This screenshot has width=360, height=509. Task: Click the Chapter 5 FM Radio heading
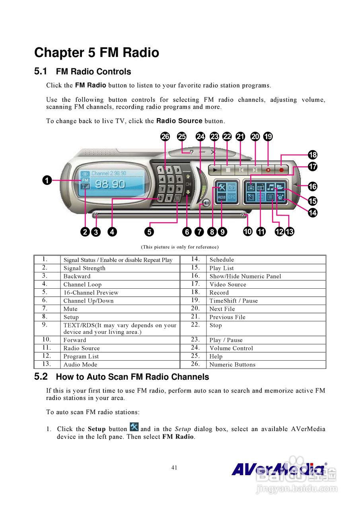click(97, 52)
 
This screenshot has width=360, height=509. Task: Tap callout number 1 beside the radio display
click(47, 181)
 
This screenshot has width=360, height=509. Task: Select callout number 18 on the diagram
click(313, 155)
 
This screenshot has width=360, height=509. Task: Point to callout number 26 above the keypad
click(165, 137)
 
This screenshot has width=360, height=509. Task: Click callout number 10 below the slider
click(248, 231)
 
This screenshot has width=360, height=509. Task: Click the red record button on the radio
click(282, 169)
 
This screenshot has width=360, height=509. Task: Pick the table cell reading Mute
click(70, 309)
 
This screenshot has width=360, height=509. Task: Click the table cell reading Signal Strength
click(84, 268)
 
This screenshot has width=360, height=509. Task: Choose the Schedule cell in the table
click(222, 260)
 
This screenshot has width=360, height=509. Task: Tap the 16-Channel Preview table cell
click(91, 293)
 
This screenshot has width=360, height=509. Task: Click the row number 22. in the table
click(195, 325)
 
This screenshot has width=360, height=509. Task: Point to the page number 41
click(174, 468)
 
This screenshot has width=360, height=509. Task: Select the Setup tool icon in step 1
click(134, 428)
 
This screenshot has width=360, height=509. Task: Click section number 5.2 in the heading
click(41, 376)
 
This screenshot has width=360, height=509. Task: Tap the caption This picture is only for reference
click(180, 247)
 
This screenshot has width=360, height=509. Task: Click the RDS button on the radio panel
click(221, 197)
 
